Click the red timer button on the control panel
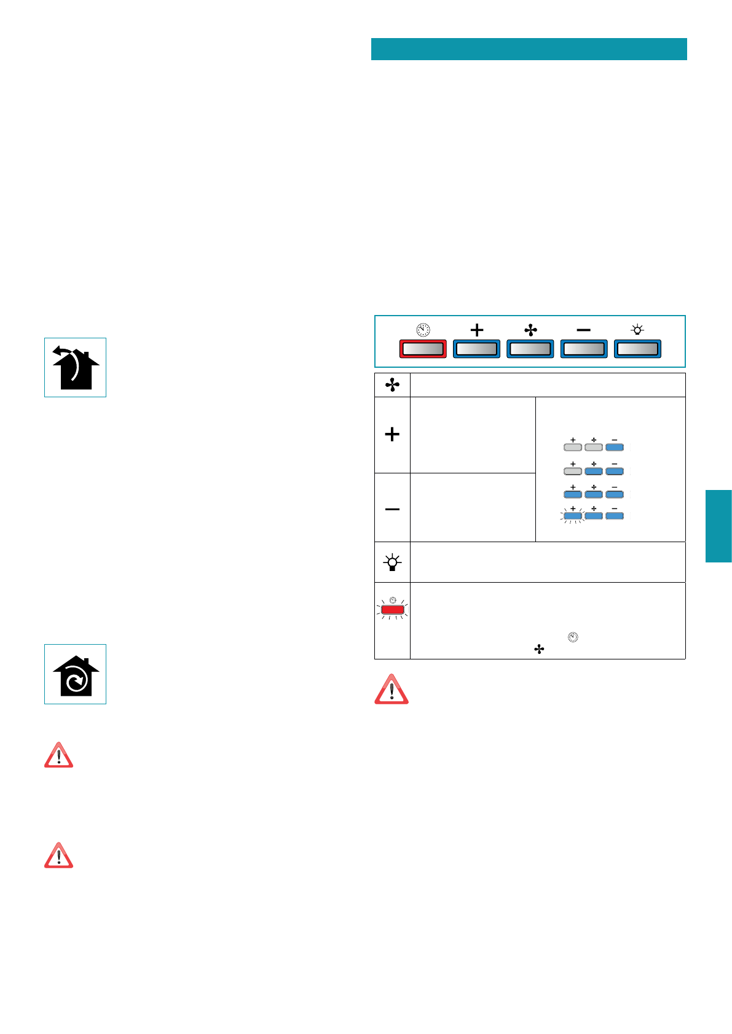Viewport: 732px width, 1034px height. [423, 349]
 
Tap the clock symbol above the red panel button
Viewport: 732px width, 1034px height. [423, 330]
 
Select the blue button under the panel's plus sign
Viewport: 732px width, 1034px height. [476, 349]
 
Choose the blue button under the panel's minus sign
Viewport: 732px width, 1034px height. [584, 349]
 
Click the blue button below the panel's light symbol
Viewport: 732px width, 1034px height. [637, 349]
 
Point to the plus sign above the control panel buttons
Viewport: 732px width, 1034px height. [476, 330]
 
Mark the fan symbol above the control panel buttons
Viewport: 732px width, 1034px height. [530, 330]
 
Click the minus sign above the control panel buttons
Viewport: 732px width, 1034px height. [584, 330]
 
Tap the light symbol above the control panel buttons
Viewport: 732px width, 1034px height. [637, 330]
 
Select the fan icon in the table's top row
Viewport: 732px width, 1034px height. [392, 385]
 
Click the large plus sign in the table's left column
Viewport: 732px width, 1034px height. [392, 435]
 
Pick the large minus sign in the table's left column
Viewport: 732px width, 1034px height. [392, 509]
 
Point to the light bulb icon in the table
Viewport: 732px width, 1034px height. [392, 562]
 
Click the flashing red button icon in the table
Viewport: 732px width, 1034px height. [392, 610]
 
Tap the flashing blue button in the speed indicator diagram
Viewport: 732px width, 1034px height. [572, 516]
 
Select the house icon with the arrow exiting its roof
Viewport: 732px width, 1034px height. [75, 367]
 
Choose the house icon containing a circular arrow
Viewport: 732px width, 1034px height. [75, 674]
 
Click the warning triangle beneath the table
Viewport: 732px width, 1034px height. [392, 689]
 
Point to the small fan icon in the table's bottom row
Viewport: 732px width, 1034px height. [539, 650]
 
